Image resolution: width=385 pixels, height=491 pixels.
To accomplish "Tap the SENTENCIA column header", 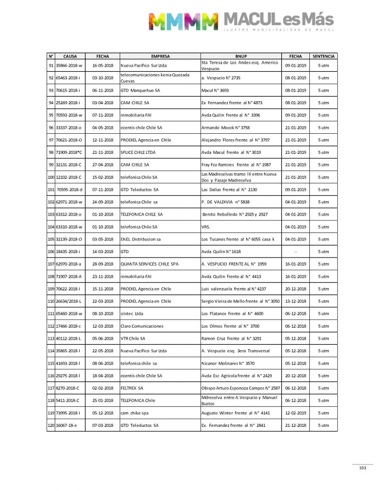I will tap(323, 57).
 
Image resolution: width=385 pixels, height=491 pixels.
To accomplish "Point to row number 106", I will tap(51, 252).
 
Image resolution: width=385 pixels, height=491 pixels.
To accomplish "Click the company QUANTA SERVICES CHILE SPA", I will tap(149, 264).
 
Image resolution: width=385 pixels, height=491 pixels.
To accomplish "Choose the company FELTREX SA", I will tap(132, 388).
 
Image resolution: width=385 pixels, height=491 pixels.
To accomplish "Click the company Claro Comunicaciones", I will tap(142, 326).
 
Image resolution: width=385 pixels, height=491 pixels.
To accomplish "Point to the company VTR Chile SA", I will tap(133, 339).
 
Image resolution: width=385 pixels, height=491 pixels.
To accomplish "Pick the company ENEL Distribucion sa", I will tap(140, 239).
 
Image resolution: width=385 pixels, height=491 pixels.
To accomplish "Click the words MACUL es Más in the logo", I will tap(279, 20).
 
